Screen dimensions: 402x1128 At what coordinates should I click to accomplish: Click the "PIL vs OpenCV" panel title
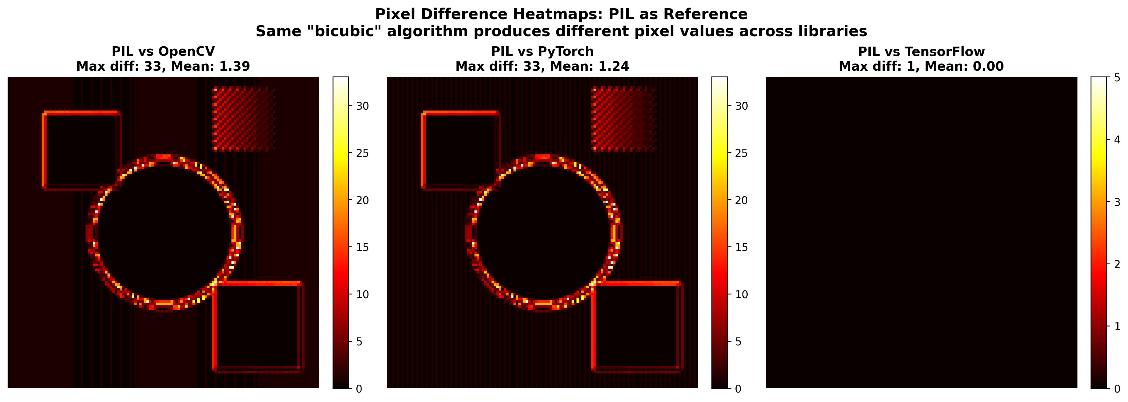pyautogui.click(x=163, y=52)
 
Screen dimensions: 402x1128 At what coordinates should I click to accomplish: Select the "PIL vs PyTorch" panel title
pyautogui.click(x=542, y=52)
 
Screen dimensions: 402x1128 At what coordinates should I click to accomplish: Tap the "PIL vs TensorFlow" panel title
pyautogui.click(x=921, y=52)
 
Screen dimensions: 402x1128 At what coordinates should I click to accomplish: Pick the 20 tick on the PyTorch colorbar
pyautogui.click(x=741, y=200)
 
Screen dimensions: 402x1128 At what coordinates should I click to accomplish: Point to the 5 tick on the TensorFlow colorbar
pyautogui.click(x=1117, y=78)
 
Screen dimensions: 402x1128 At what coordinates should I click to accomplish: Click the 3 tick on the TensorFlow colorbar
pyautogui.click(x=1117, y=202)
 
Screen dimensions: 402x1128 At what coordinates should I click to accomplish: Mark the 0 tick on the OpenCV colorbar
pyautogui.click(x=359, y=388)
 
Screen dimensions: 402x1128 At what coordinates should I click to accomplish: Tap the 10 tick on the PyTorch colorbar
pyautogui.click(x=741, y=294)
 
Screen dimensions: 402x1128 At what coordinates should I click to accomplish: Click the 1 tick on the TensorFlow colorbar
pyautogui.click(x=1117, y=326)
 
